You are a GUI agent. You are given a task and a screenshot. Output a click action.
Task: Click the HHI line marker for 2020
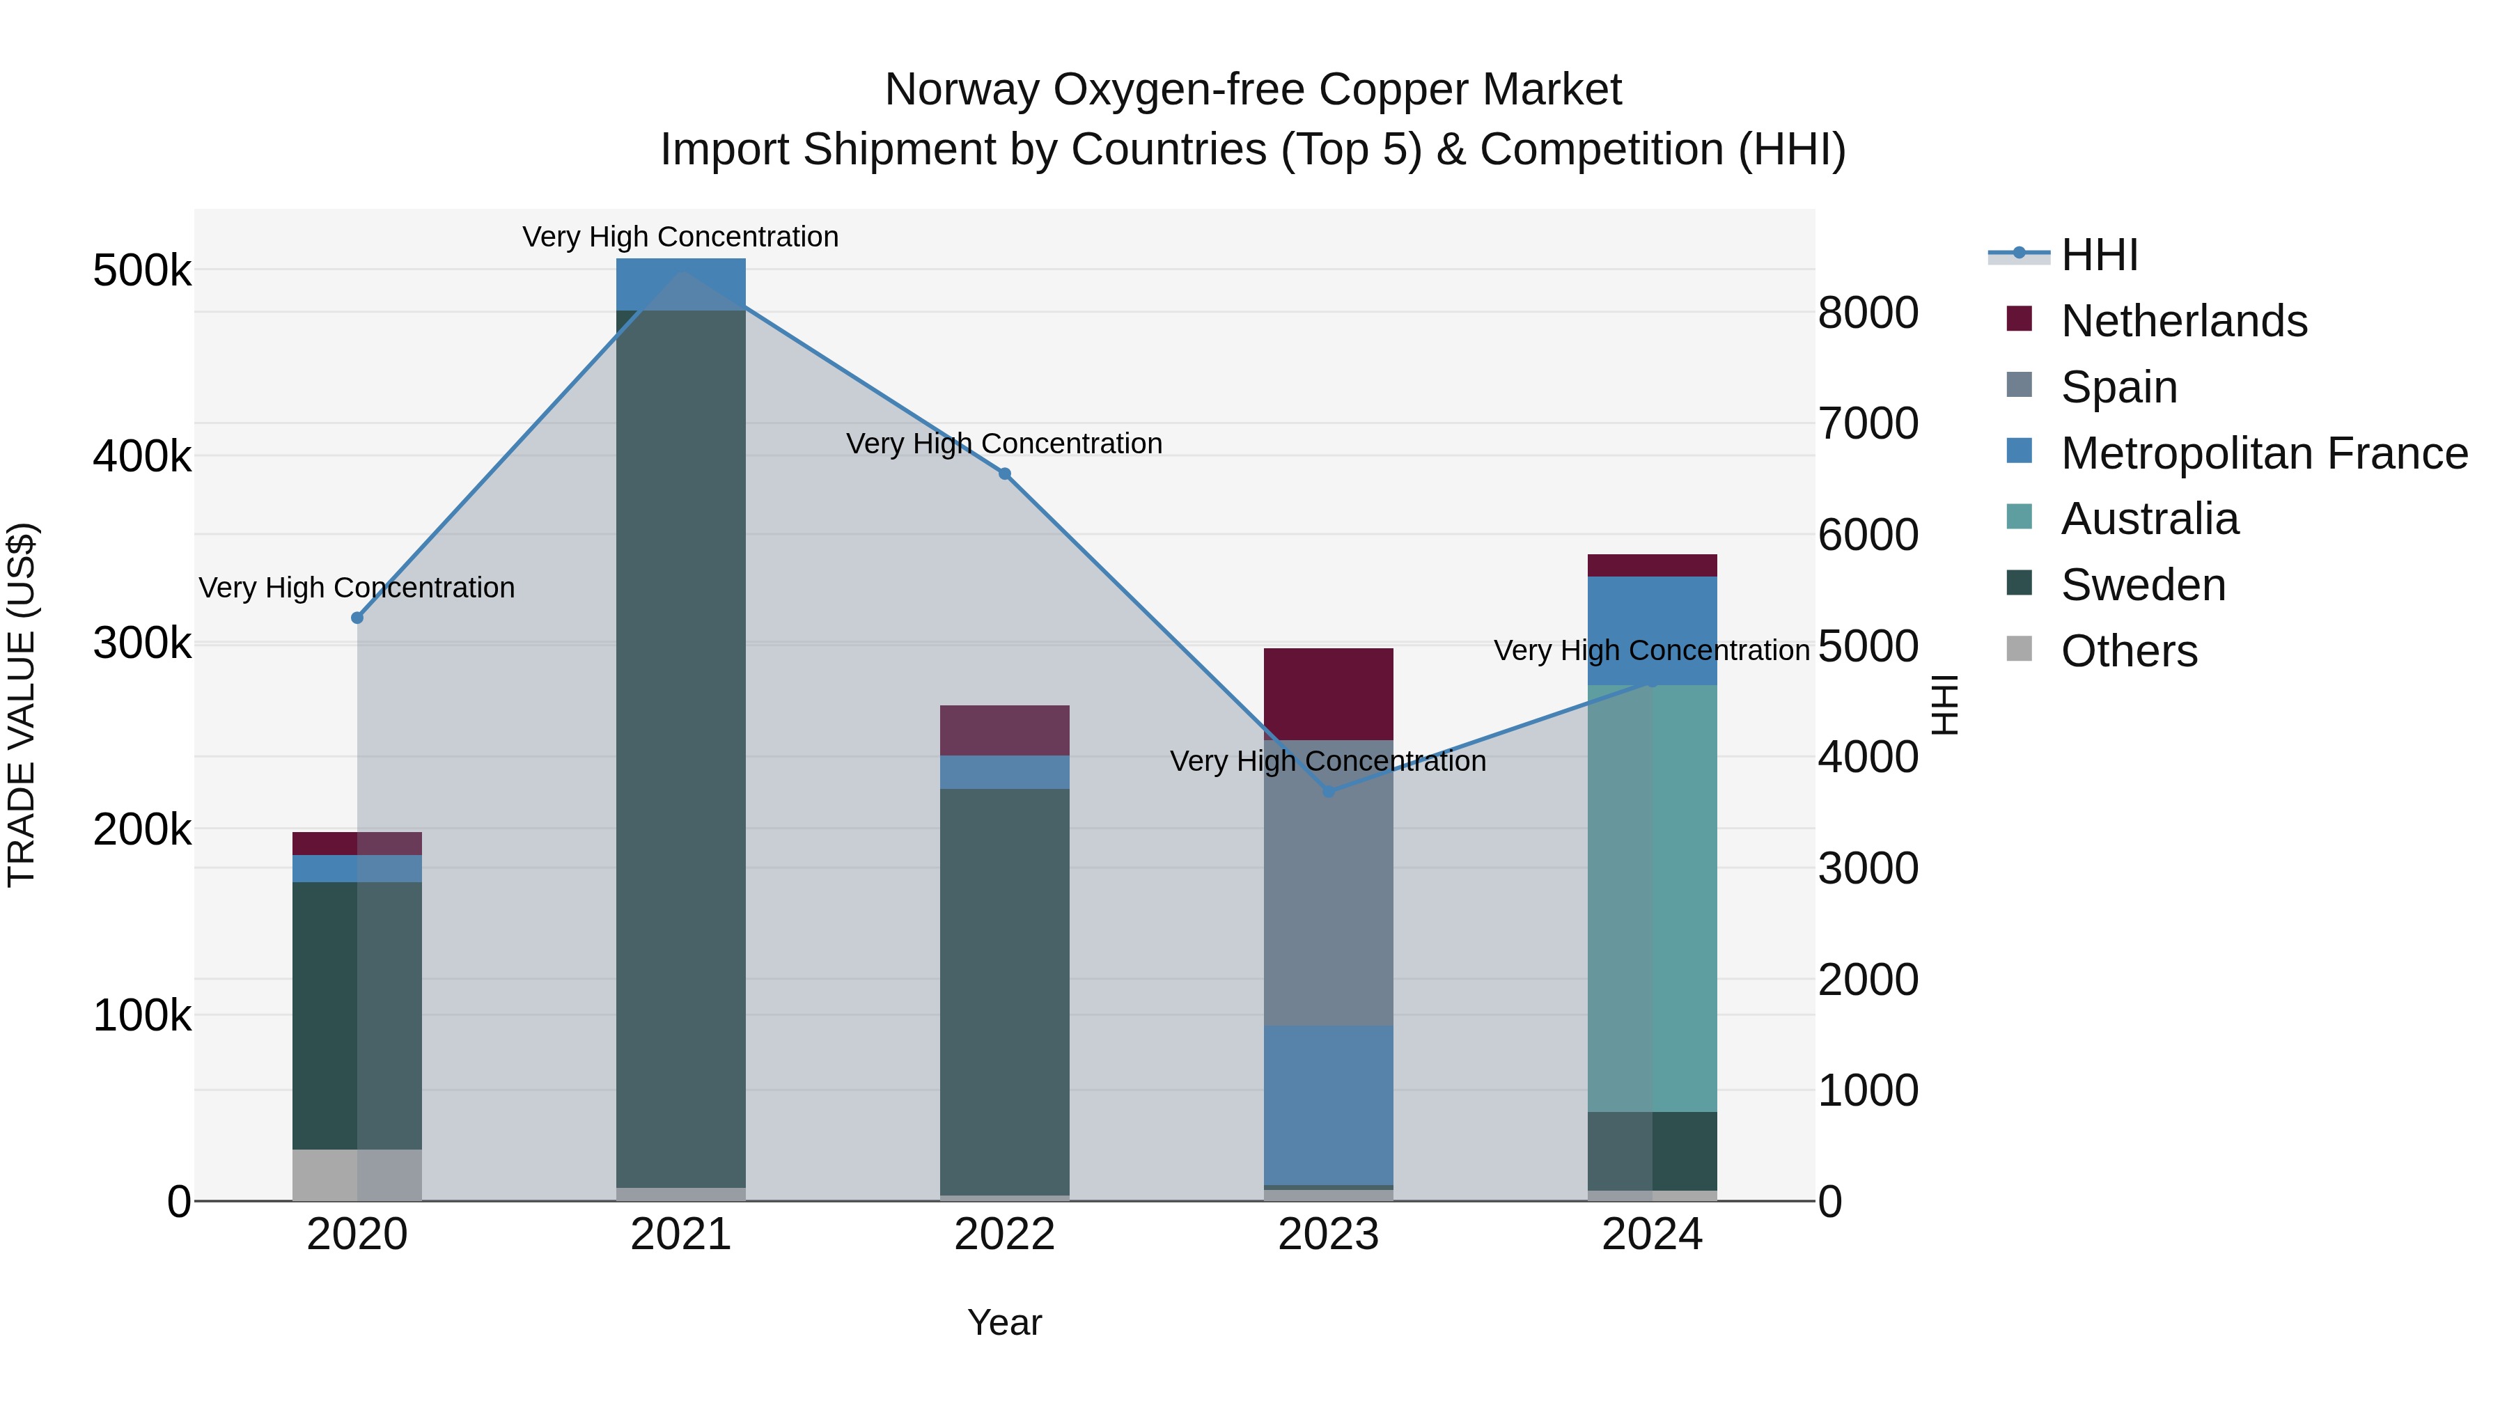coord(357,618)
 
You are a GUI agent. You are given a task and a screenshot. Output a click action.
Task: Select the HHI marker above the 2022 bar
coord(1006,474)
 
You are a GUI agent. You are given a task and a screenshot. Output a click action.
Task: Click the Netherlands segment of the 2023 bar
coord(1329,693)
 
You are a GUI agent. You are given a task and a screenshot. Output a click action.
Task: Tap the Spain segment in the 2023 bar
coord(1329,883)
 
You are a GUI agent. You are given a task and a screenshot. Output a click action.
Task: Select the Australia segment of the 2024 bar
coord(1653,898)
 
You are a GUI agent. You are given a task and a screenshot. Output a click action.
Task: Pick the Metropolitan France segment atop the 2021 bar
coord(681,283)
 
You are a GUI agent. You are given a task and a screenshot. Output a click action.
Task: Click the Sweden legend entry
coord(2142,586)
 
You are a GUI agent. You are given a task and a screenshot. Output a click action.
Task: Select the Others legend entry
coord(2128,651)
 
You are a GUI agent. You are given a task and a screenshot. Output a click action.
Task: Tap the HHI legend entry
coord(2098,255)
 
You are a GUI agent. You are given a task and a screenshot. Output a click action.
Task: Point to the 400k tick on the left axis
coord(142,456)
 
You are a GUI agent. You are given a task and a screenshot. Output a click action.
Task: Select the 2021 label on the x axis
coord(681,1235)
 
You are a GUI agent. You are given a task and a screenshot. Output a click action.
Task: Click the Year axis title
coord(1004,1322)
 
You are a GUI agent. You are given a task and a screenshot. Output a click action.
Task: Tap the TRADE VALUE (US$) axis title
coord(22,705)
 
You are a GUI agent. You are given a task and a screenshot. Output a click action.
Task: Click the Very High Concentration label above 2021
coord(680,237)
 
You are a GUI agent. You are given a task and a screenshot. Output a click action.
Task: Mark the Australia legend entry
coord(2149,519)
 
